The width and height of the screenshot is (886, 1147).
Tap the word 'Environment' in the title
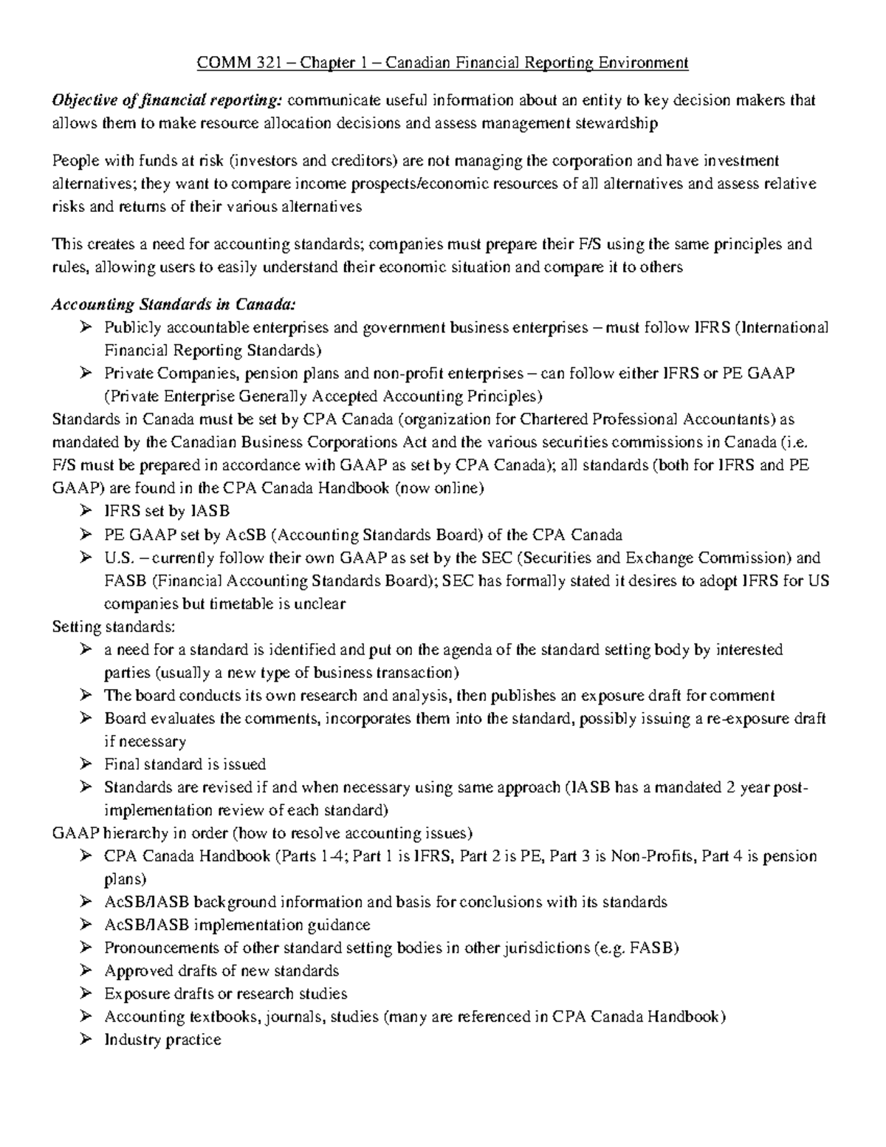click(643, 63)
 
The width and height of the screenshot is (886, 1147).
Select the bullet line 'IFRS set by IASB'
click(167, 511)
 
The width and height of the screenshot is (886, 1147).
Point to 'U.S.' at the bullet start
click(117, 558)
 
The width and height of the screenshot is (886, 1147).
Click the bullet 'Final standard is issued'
click(185, 764)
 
